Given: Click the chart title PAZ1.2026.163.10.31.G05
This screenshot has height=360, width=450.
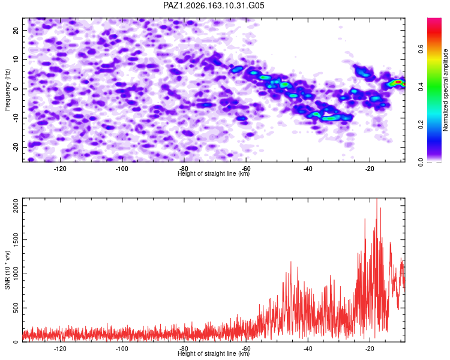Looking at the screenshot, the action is coord(214,5).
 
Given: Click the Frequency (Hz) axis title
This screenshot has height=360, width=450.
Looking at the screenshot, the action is coord(7,90).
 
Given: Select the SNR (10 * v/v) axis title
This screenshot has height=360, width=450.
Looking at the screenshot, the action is coord(7,270).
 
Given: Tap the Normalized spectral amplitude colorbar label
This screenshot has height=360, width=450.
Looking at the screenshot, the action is coord(445,90).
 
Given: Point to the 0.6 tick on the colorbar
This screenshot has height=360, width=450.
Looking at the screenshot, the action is coord(421,49).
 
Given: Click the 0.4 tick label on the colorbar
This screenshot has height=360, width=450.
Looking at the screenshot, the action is coord(421,86).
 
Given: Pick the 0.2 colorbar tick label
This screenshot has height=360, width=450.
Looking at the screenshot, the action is coord(421,125).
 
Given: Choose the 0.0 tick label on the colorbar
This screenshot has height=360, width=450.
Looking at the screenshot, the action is coord(421,163).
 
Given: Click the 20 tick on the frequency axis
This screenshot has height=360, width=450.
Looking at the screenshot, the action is coord(16,30).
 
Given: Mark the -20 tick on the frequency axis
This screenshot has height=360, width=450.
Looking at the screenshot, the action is coord(16,147).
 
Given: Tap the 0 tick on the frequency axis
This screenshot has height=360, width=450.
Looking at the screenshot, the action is coord(16,89).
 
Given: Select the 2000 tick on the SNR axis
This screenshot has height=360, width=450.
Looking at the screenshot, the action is coord(16,206).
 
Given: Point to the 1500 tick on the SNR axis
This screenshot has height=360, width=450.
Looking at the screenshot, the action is coord(16,240).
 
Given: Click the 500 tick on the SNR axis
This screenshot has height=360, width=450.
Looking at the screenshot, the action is coord(16,308).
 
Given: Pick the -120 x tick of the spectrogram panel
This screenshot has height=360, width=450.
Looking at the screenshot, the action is coord(60,169).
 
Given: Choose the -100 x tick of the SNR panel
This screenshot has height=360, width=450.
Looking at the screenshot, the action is coord(122,349).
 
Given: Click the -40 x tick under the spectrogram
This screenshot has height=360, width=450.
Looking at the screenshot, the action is coord(308,169).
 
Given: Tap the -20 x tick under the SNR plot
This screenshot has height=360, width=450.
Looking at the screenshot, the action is coord(370,349).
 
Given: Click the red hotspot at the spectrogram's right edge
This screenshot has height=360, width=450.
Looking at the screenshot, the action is coord(398,82).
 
